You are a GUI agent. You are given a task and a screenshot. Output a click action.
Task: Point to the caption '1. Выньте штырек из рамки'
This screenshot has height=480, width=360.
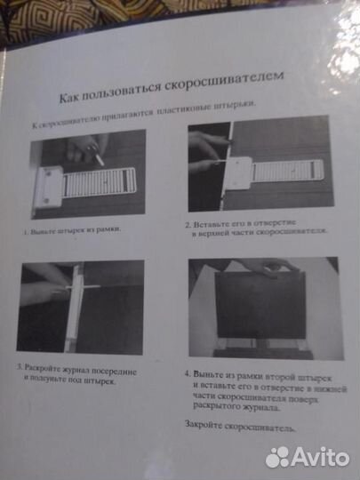(72, 231)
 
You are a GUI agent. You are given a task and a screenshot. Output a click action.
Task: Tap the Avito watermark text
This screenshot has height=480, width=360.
(323, 456)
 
